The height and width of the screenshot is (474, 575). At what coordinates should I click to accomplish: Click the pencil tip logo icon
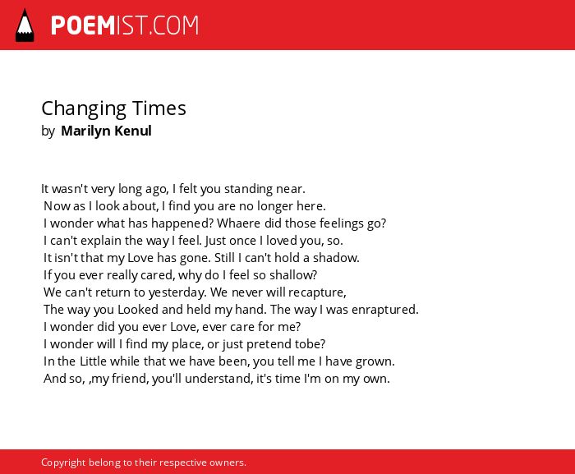click(25, 25)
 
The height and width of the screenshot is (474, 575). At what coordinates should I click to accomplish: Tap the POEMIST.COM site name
click(125, 25)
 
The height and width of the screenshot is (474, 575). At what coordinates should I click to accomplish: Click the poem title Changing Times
click(113, 109)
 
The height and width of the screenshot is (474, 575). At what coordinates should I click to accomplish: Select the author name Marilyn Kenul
click(106, 131)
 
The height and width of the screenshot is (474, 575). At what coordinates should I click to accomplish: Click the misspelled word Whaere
click(239, 223)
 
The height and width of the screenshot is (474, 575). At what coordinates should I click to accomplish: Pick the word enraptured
click(384, 310)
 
